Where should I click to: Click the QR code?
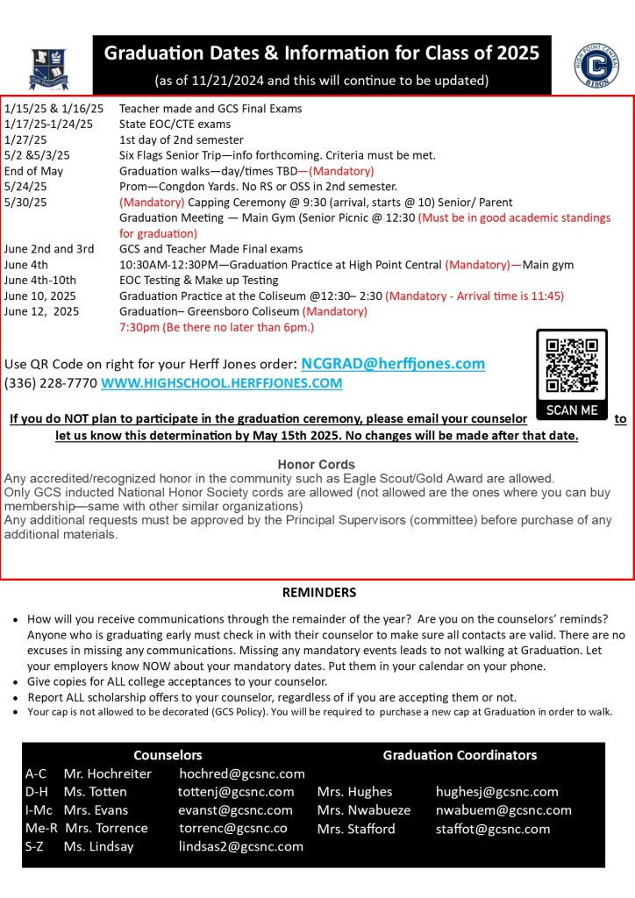coord(571,366)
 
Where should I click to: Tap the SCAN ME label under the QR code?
coord(572,410)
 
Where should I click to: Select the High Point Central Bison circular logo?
coord(596,65)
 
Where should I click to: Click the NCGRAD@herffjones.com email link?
coord(393,364)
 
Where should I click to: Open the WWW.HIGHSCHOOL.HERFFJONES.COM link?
coord(221,383)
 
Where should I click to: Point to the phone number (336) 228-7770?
coord(50,383)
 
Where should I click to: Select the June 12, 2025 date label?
coord(41,311)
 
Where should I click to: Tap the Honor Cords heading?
coord(317,464)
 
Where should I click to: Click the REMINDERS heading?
coord(319,593)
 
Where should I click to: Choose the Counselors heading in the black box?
coord(168,755)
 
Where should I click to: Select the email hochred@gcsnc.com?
coord(242,773)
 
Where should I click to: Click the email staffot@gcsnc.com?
coord(493,829)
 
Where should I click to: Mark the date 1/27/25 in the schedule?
coord(24,139)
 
